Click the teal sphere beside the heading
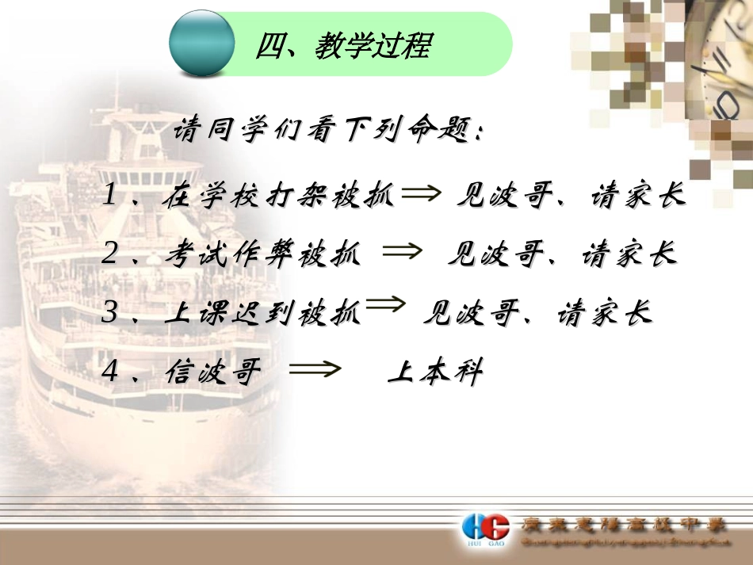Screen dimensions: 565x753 [202, 43]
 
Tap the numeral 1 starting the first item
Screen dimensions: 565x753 [110, 196]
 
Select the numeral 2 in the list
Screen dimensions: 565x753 [110, 254]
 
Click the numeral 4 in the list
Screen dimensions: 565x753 [110, 372]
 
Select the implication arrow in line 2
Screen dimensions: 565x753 [402, 252]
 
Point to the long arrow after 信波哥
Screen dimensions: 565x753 [315, 369]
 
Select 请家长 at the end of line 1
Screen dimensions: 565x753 [638, 197]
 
